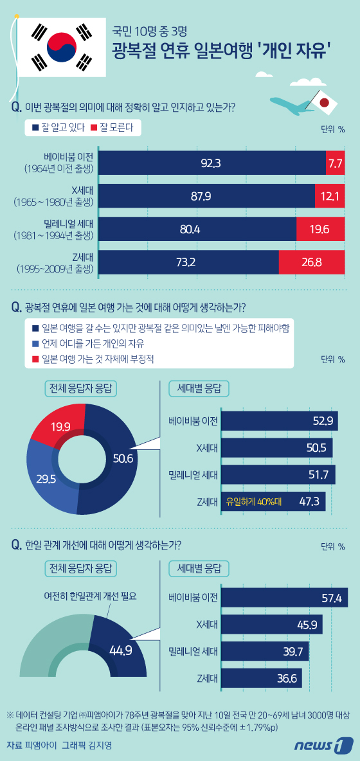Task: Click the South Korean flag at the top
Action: (62, 46)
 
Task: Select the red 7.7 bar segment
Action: (335, 163)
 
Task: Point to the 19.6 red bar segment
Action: (319, 228)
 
